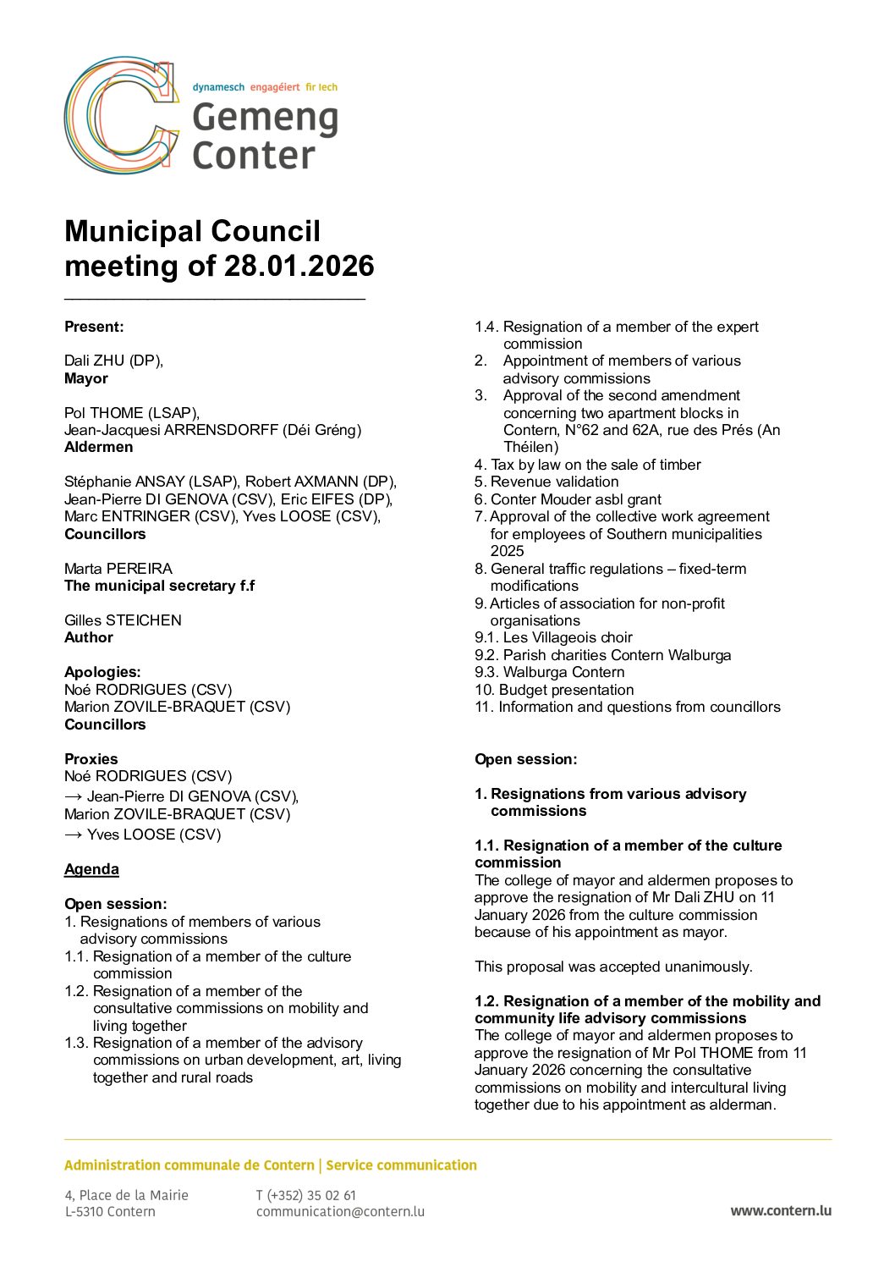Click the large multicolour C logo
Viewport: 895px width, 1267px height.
click(121, 116)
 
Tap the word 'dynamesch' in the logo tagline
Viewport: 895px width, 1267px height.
click(218, 87)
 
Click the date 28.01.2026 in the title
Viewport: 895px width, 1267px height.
click(299, 266)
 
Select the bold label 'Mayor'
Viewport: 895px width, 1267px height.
click(86, 378)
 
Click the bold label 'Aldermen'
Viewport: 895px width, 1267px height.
click(98, 447)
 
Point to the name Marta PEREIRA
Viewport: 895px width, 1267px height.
click(118, 568)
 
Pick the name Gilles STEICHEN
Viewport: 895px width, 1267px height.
click(123, 620)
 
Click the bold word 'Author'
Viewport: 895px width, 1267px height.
click(89, 637)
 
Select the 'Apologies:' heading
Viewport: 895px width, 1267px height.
click(102, 672)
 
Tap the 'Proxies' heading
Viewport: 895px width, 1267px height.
click(91, 759)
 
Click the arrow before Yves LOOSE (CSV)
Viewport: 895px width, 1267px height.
click(74, 835)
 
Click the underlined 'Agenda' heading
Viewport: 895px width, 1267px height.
click(91, 869)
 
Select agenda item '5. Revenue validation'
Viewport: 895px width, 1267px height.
click(546, 482)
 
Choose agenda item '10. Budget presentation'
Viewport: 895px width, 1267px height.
click(554, 690)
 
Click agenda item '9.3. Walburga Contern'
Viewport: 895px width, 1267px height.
click(549, 672)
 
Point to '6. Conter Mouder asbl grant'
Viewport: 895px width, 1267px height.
click(568, 499)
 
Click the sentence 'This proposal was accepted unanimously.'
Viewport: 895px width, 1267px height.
click(613, 967)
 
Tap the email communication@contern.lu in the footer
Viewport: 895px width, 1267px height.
click(340, 1211)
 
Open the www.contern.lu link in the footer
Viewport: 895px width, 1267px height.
click(780, 1210)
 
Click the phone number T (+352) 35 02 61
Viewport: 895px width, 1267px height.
click(306, 1195)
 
